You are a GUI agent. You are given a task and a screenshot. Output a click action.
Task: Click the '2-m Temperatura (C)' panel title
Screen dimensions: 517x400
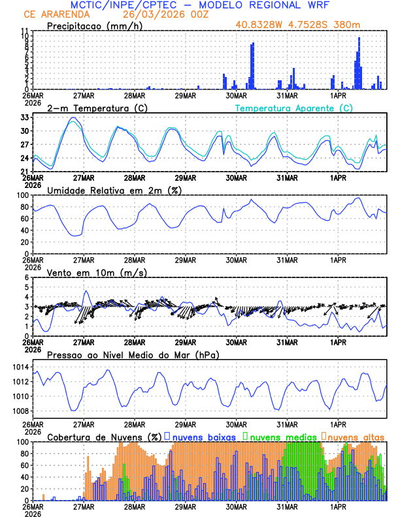(95, 108)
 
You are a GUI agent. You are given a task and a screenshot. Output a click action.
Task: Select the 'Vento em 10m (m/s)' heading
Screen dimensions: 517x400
(97, 272)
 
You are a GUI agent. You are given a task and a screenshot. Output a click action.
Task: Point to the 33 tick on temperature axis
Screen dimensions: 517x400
(25, 117)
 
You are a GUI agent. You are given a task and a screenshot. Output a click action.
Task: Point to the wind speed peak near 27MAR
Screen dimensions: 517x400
(86, 291)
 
